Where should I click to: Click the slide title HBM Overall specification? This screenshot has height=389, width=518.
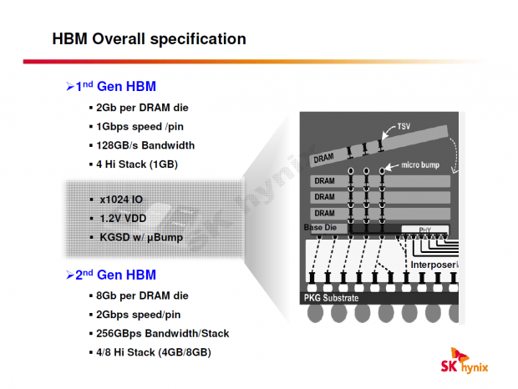(149, 39)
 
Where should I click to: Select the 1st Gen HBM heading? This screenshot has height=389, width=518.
(115, 86)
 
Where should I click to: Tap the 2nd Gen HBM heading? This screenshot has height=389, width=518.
(115, 275)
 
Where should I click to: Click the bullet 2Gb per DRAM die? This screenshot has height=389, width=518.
(142, 109)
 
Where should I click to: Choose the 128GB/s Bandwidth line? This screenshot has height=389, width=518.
(145, 145)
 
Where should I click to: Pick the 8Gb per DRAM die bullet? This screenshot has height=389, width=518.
(142, 296)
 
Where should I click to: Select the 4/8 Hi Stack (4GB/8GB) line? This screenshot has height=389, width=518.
(154, 352)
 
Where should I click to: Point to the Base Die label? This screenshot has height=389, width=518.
(321, 228)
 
